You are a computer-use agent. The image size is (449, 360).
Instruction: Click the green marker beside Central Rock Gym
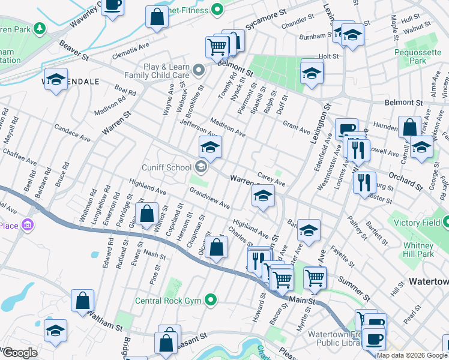[210, 299]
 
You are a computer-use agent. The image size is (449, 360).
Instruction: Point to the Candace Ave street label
[71, 133]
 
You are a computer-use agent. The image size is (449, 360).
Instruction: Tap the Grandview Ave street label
[209, 199]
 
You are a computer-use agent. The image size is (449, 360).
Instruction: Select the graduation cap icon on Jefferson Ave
[210, 146]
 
